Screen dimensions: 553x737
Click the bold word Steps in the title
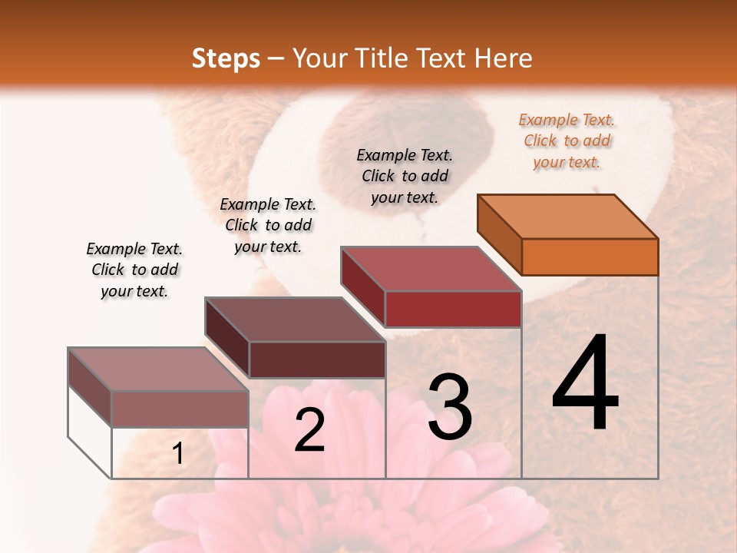226,58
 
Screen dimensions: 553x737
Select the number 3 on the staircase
449,407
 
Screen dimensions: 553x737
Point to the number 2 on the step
309,430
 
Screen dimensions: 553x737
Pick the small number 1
178,454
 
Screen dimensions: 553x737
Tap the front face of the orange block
590,257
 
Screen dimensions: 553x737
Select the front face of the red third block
453,309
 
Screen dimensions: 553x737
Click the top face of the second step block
295,320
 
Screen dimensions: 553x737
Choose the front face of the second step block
317,359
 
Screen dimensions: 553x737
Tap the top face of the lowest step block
158,369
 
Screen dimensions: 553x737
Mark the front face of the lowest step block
180,409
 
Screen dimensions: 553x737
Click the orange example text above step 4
567,141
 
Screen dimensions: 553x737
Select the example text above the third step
405,177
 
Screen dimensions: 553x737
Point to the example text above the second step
268,226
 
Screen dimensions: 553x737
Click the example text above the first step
134,270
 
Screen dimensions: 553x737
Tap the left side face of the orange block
499,234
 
